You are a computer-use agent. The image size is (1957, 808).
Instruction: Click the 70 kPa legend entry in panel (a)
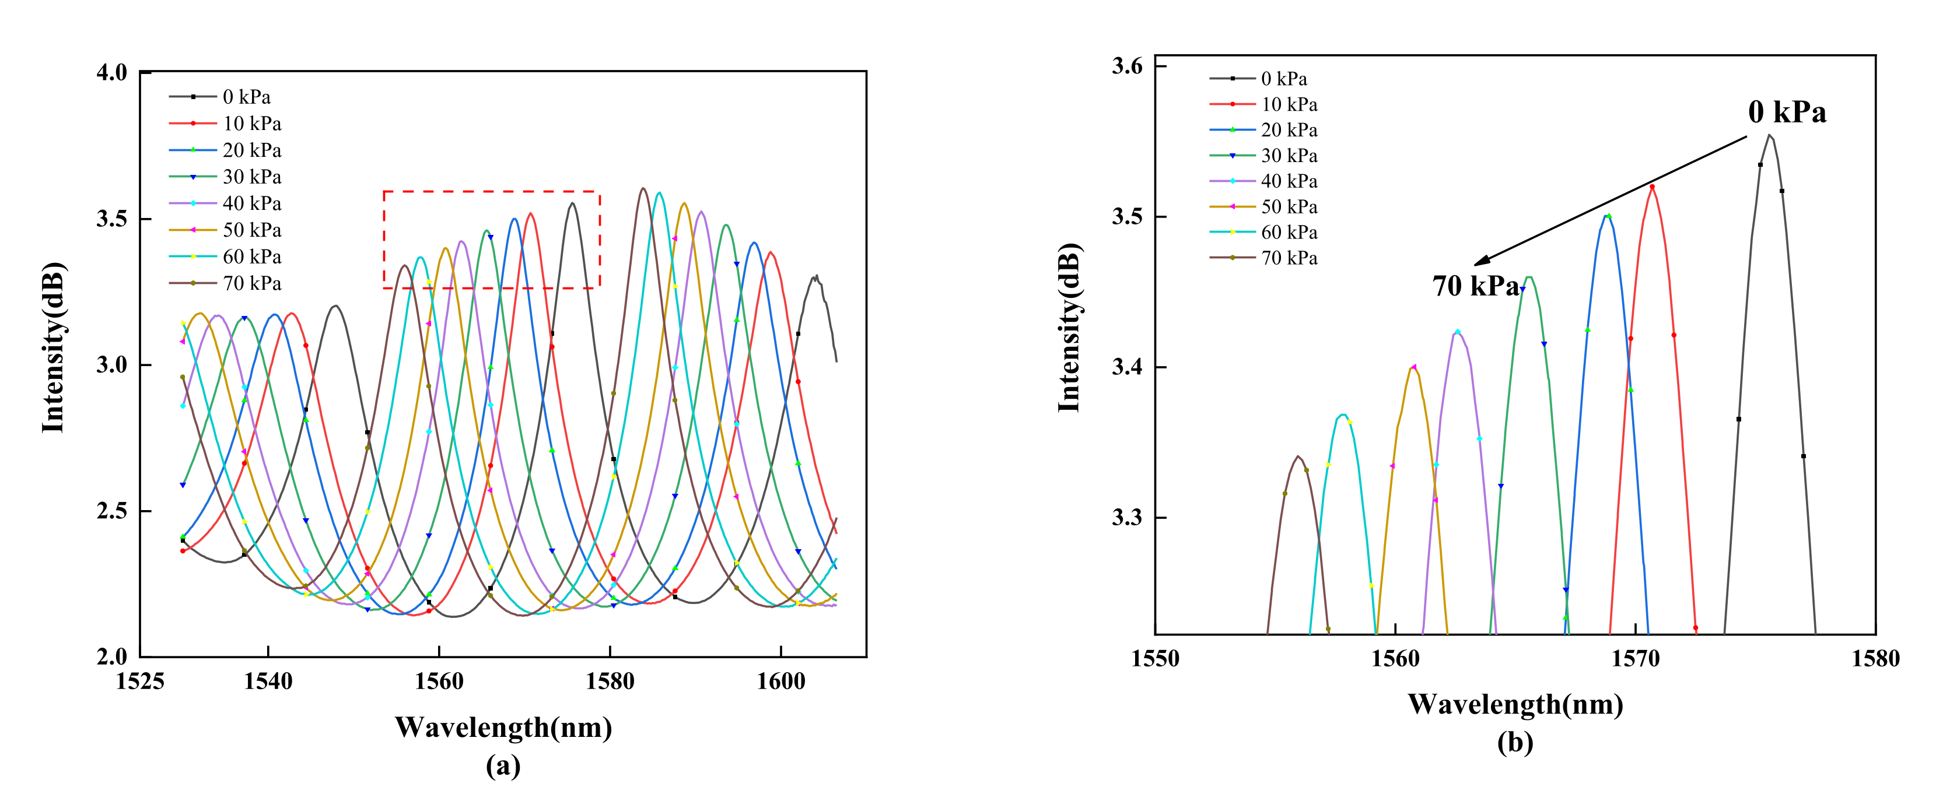[251, 283]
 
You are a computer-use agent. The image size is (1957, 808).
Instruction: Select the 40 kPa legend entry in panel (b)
[1289, 181]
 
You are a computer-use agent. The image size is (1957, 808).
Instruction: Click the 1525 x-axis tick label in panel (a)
[140, 681]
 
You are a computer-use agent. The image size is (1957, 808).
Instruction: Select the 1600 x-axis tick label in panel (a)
[781, 681]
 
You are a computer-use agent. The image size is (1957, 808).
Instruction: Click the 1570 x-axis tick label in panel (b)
[1635, 658]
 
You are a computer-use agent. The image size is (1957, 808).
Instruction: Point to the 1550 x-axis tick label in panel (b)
[1155, 658]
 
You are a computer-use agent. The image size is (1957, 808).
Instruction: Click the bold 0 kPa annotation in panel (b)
[1787, 113]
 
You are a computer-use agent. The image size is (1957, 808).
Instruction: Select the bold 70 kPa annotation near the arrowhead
[1475, 286]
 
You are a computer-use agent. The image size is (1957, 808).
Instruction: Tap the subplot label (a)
[503, 765]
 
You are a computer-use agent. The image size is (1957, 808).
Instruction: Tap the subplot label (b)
[1515, 742]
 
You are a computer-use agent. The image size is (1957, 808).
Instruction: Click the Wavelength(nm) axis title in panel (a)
[503, 728]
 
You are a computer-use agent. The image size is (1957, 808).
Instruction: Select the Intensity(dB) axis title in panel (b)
[1069, 328]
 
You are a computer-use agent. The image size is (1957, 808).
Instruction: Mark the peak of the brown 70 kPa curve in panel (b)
[1298, 456]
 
